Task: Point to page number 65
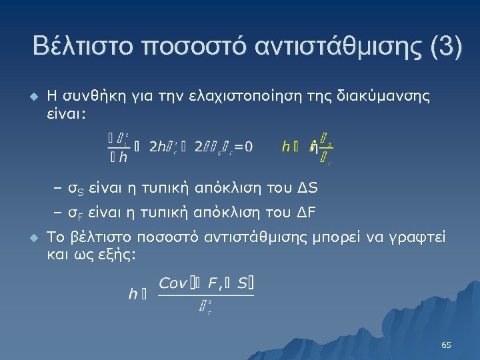click(446, 345)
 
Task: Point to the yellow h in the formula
click(286, 147)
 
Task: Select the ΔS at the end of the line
click(308, 189)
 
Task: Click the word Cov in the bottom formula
click(173, 283)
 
